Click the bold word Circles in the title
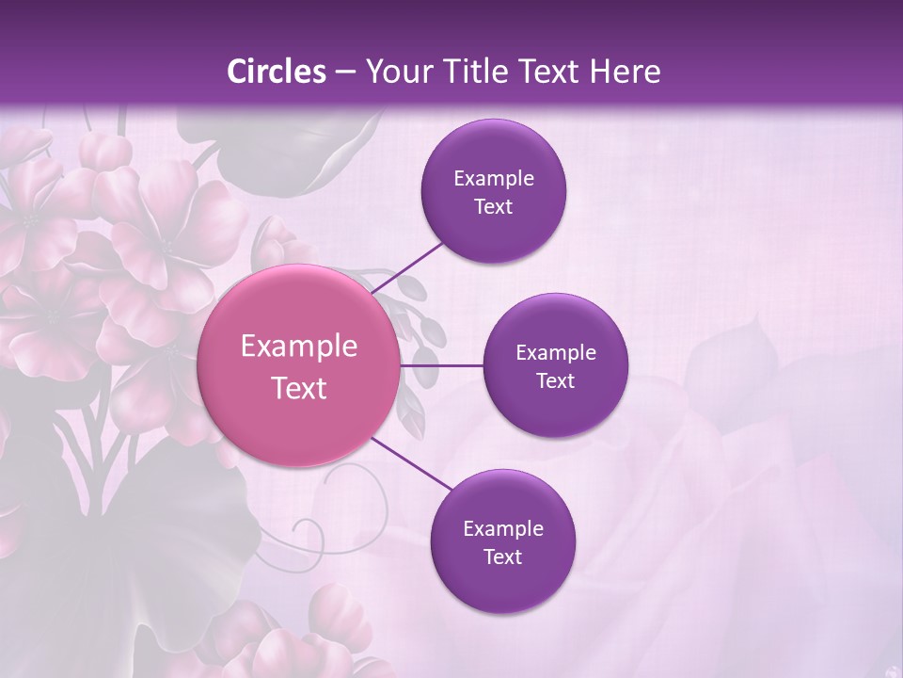[x=277, y=72]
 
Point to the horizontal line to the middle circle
[x=442, y=365]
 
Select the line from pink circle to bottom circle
[x=412, y=464]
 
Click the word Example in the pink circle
[x=299, y=347]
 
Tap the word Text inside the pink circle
[x=299, y=388]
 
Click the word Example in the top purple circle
[x=493, y=179]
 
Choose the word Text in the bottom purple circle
[x=502, y=557]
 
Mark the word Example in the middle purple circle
[x=555, y=353]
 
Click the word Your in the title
[x=394, y=72]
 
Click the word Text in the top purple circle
[x=493, y=207]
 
